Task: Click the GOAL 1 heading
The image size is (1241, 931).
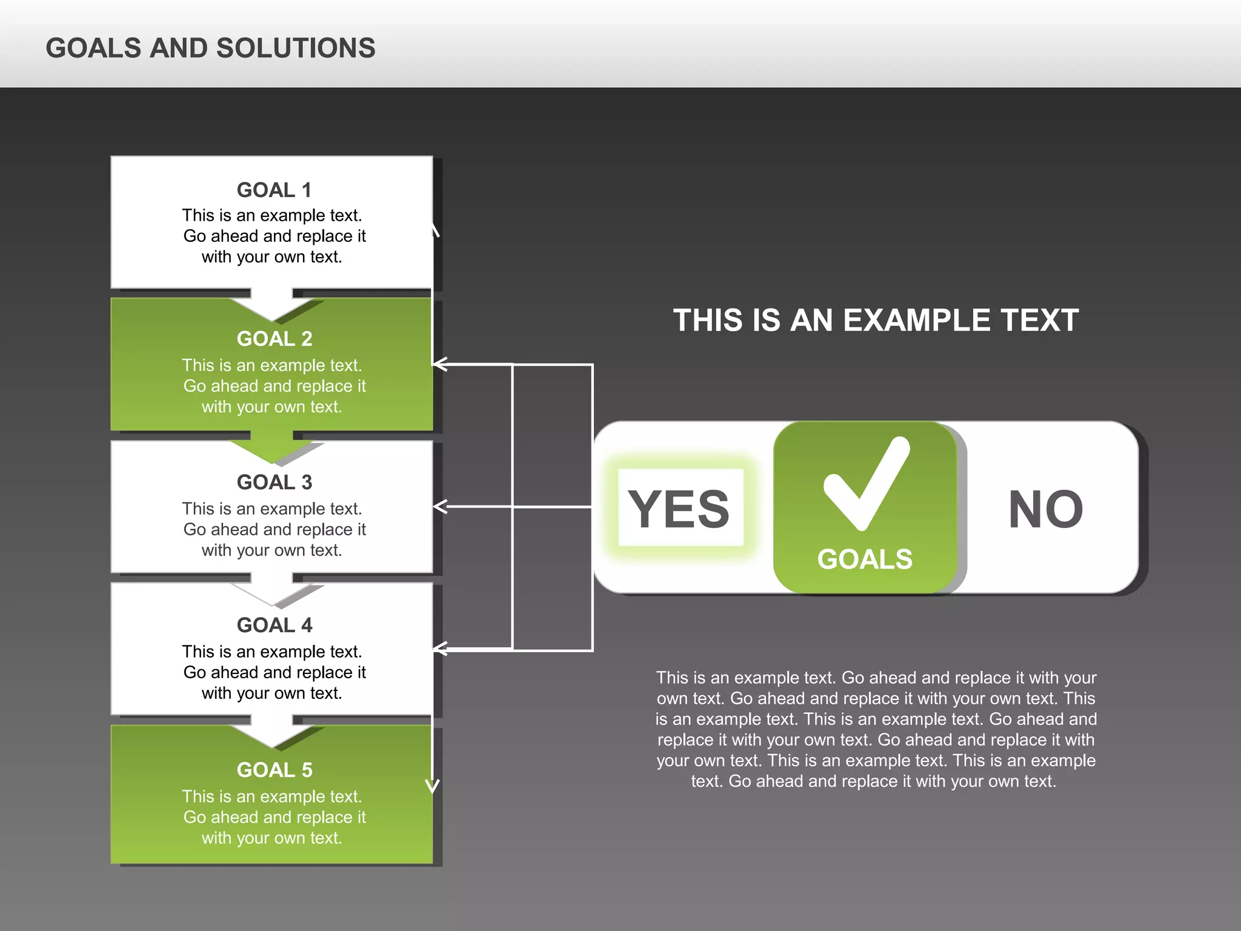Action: [274, 190]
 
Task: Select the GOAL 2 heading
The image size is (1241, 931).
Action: [274, 339]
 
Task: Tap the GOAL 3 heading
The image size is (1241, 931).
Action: [274, 482]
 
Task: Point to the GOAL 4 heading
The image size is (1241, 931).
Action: [274, 625]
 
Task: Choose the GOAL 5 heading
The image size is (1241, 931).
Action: [274, 770]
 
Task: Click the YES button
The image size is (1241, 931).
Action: [680, 508]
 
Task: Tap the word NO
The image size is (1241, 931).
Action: [1045, 509]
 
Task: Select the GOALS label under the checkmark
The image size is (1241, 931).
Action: [865, 559]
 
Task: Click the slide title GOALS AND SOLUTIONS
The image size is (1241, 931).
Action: [210, 48]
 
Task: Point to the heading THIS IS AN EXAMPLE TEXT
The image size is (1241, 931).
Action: [876, 320]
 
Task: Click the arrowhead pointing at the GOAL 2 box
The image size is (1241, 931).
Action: [440, 364]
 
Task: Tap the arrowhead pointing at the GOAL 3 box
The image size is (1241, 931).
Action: [440, 507]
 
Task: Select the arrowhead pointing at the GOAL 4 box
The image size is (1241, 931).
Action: [440, 649]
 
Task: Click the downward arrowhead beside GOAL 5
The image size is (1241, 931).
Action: [432, 786]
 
